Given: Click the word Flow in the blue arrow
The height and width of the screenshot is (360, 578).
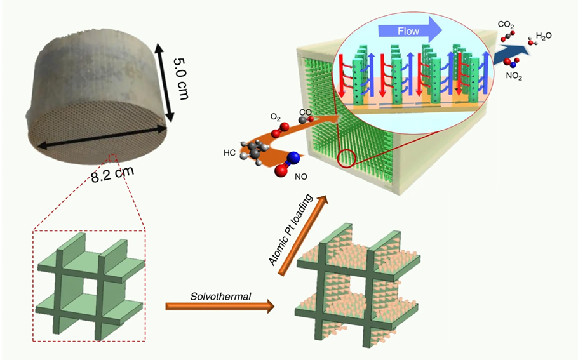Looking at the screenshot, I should (x=408, y=30).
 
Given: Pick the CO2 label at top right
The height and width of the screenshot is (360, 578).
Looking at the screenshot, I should (x=506, y=27).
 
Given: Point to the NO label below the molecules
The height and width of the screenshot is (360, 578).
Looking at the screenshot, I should (x=302, y=178).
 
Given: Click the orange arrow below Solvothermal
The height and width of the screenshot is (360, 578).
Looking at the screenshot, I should (x=220, y=307).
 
